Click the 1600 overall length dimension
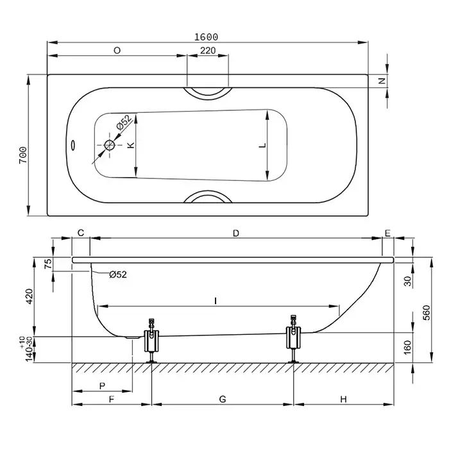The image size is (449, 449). tap(206, 37)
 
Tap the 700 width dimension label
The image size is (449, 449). tap(23, 155)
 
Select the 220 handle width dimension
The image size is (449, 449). tap(208, 51)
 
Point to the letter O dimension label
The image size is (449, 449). tap(117, 51)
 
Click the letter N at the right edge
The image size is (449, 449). tap(382, 81)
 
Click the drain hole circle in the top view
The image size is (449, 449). tap(110, 145)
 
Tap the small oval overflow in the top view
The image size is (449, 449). tap(73, 145)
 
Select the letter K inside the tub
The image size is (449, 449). tap(131, 145)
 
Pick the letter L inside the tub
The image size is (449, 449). tap(262, 145)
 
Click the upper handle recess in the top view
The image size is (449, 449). tap(208, 95)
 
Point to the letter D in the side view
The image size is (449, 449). tap(235, 233)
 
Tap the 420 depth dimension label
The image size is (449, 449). tap(30, 296)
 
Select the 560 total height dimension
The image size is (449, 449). tap(427, 313)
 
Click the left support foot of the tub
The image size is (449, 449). tap(151, 341)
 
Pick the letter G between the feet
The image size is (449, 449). tap(223, 399)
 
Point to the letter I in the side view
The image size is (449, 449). tap(216, 301)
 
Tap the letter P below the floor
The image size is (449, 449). tap(102, 386)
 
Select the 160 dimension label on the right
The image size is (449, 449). tap(407, 348)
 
